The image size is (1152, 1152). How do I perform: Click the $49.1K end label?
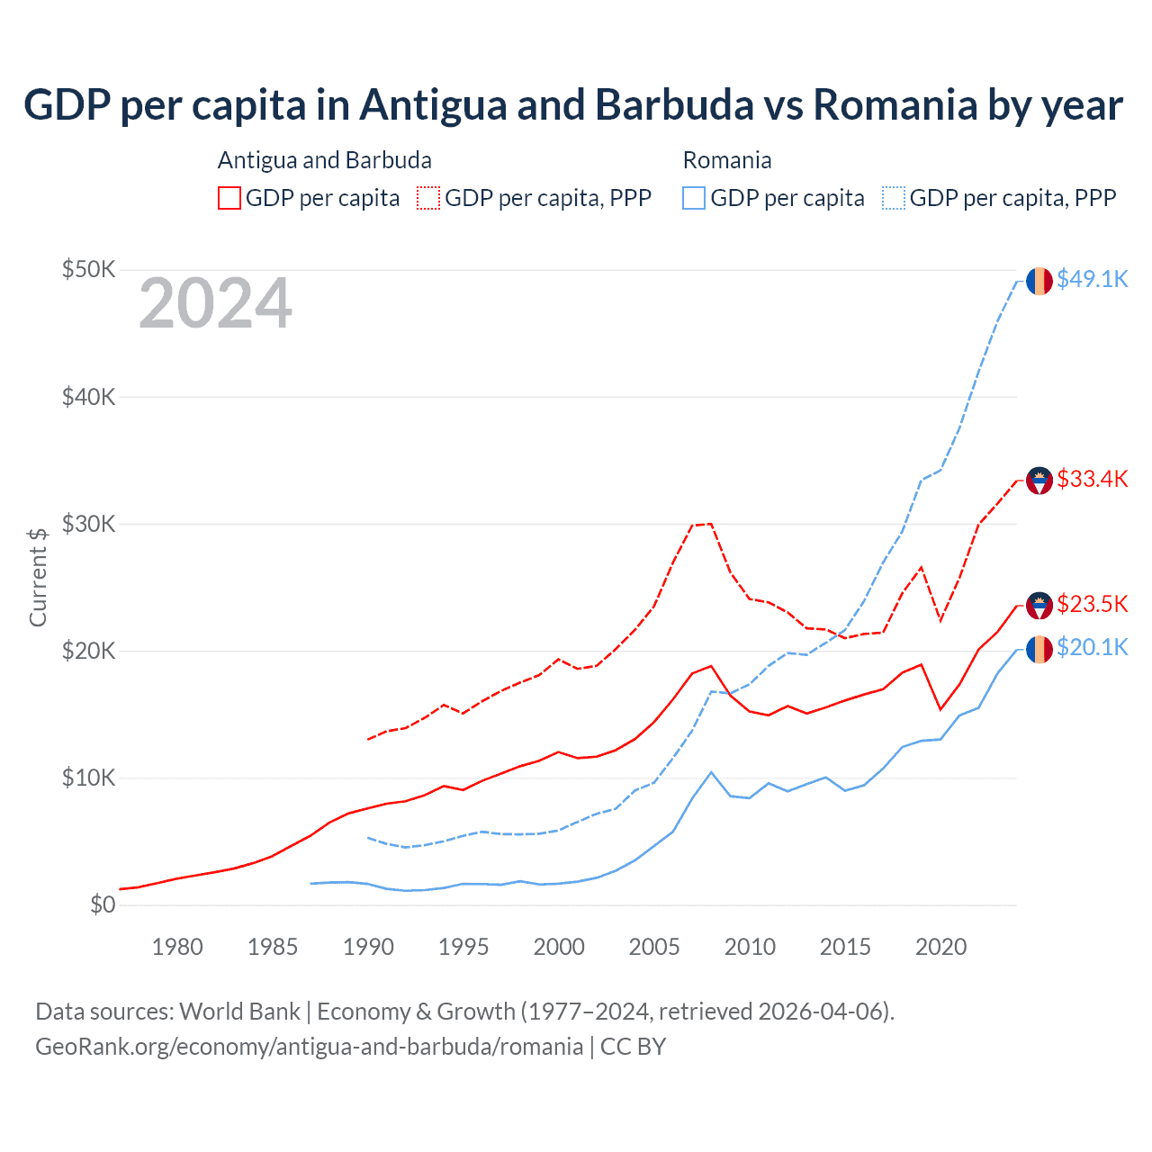1092,280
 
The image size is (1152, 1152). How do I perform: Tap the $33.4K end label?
1092,480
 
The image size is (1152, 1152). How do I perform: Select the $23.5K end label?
1092,604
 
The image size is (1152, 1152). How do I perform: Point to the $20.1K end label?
1092,648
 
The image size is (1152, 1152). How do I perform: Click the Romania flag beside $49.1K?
1039,281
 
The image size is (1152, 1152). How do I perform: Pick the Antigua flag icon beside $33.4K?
1039,481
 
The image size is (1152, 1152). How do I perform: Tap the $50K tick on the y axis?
88,270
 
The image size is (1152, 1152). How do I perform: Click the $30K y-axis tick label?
88,524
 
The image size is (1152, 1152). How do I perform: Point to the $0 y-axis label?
103,904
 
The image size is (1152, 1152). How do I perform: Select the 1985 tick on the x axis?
273,947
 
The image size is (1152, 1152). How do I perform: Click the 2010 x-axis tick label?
750,947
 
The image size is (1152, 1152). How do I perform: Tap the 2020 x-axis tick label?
940,947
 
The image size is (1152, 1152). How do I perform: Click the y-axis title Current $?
38,577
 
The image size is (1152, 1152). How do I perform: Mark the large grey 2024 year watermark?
215,304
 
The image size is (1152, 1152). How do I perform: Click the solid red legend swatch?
229,198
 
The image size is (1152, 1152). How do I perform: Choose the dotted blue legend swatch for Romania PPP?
894,198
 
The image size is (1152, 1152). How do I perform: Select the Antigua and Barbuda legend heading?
325,160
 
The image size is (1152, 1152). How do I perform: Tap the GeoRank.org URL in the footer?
309,1047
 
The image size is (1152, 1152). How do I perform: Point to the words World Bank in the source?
239,1012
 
